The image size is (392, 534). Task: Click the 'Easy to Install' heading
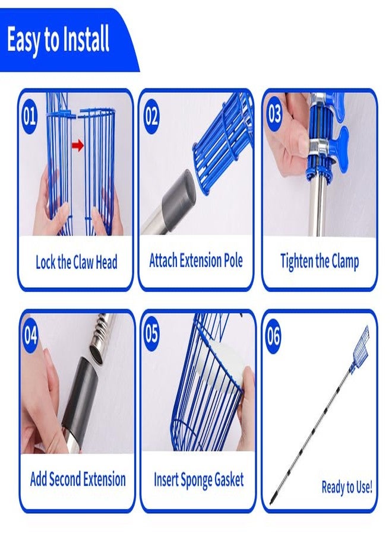pos(58,40)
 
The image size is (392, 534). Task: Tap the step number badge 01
pos(29,116)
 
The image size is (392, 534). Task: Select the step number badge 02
pos(151,116)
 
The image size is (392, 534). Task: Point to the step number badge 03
pos(274,114)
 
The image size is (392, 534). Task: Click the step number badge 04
pos(30,335)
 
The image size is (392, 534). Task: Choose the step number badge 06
pos(274,335)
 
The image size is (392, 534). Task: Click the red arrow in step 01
pos(78,146)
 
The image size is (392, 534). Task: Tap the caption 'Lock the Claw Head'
pos(77,262)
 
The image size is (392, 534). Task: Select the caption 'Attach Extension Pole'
pos(196,260)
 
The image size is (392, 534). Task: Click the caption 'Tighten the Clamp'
pos(320,262)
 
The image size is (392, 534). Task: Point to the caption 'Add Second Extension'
pos(78,479)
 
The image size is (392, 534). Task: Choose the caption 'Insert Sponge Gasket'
pos(199,479)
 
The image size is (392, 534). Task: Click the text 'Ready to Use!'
pos(347,487)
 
